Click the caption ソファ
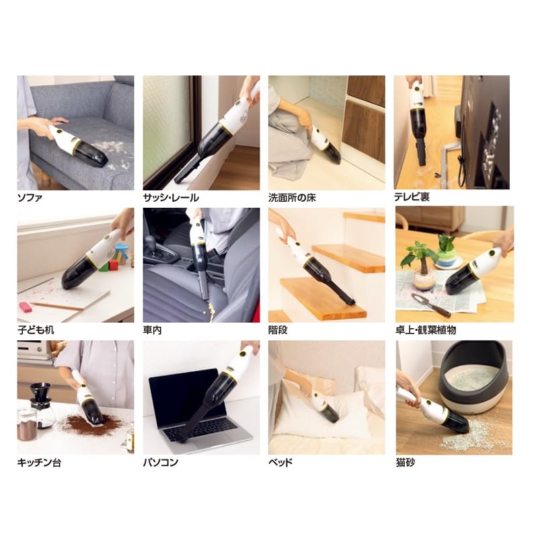pyautogui.click(x=30, y=198)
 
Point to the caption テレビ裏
pyautogui.click(x=412, y=198)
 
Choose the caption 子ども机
pyautogui.click(x=34, y=331)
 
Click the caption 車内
pyautogui.click(x=153, y=331)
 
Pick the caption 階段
pyautogui.click(x=278, y=331)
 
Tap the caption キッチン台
pyautogui.click(x=39, y=463)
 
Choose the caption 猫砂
pyautogui.click(x=406, y=463)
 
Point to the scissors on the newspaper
pyautogui.click(x=431, y=305)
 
